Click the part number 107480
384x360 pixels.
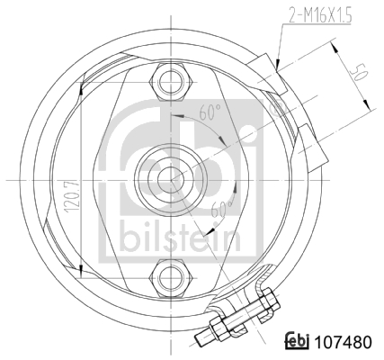(341, 342)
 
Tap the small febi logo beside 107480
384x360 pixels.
(297, 342)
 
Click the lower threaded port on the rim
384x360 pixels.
(306, 139)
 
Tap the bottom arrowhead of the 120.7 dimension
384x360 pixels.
(82, 271)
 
